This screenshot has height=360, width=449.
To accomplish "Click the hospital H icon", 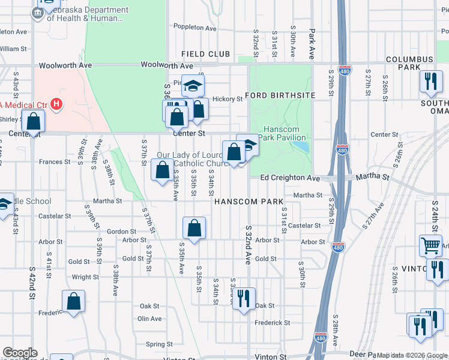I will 56,105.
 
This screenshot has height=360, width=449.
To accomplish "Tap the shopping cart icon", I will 431,244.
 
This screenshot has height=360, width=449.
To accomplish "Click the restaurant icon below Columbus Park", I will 430,81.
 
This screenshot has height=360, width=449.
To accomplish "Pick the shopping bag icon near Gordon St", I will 194,228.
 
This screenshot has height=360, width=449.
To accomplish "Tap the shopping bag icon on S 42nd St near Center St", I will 35,121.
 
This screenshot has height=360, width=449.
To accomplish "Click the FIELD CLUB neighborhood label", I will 206,54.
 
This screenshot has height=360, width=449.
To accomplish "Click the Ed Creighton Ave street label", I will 291,178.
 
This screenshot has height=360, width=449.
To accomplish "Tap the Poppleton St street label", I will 194,28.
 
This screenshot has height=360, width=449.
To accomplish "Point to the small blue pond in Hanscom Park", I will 304,146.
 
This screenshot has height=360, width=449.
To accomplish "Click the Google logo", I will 19,353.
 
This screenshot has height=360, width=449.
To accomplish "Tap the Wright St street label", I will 85,277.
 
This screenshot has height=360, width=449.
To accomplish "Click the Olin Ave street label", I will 149,319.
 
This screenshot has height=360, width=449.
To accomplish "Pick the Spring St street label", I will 160,344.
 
